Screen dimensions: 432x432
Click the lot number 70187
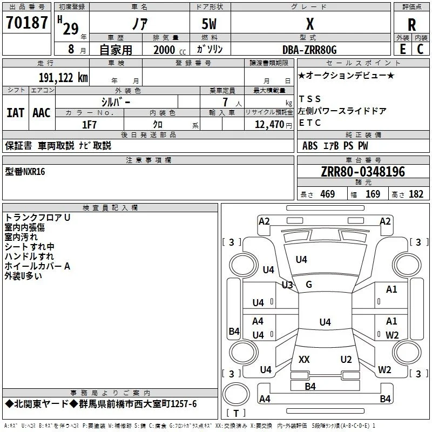[26, 23]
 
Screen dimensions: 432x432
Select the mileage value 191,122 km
[63, 78]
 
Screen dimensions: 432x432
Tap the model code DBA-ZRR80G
[309, 50]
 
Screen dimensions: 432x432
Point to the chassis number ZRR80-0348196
[363, 172]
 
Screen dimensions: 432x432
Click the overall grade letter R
[411, 25]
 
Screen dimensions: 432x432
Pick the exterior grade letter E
[402, 49]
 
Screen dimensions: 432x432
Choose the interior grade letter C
[420, 49]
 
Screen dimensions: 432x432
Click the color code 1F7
[89, 125]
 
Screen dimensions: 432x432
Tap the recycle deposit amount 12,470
[269, 125]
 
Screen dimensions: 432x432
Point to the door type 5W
[209, 24]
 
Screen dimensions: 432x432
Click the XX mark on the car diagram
[304, 360]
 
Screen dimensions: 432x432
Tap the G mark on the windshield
[309, 285]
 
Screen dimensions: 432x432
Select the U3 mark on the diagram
[287, 285]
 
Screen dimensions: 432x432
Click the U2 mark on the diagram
[346, 360]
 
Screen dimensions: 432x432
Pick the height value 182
[416, 194]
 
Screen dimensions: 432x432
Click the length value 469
[328, 194]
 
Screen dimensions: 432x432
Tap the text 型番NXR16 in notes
[25, 172]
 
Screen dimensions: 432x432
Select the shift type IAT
[16, 113]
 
